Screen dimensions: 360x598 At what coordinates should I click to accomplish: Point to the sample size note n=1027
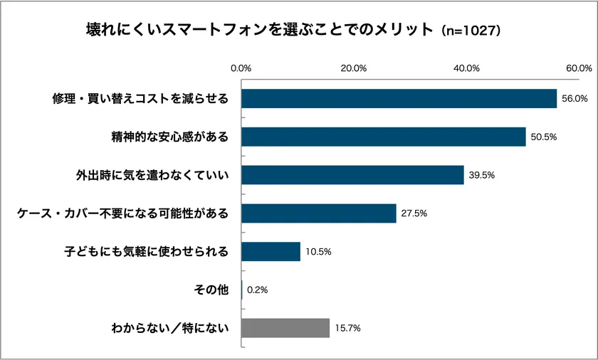point(472,31)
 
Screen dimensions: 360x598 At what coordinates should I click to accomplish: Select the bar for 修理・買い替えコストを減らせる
point(399,98)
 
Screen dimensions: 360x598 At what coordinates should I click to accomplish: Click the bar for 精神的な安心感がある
point(383,137)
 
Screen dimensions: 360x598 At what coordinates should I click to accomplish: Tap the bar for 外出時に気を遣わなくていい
point(352,175)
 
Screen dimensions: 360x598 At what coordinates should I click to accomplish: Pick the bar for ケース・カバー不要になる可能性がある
point(318,213)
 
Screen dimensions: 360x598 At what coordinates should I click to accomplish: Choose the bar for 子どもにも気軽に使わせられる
point(271,252)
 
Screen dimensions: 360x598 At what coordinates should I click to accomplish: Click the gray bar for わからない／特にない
point(285,328)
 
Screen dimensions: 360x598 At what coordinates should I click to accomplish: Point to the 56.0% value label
point(575,99)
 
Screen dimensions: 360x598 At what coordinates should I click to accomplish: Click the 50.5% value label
point(543,137)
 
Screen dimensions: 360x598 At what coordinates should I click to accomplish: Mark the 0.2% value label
point(257,290)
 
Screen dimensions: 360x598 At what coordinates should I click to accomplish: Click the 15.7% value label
point(347,329)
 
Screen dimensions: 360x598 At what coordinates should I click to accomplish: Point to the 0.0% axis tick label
point(241,68)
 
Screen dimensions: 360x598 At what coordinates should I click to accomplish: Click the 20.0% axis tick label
point(354,68)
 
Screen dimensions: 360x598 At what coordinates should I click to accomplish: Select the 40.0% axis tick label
point(467,68)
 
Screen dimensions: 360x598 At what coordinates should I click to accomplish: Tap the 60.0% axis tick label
point(579,68)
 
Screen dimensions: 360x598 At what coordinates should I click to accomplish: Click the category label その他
point(211,290)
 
